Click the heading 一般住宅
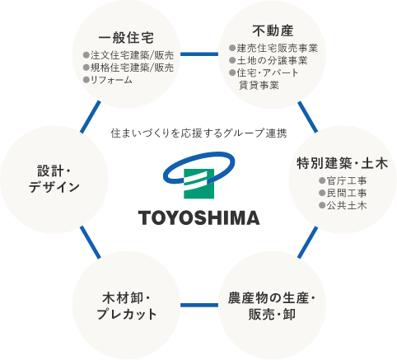(126, 38)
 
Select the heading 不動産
(273, 30)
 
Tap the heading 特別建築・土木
(342, 163)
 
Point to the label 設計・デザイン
(54, 179)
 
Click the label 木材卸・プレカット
(126, 306)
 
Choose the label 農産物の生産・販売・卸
(272, 306)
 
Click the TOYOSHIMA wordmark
(199, 218)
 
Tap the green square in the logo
(198, 184)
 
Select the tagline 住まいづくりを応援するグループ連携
(199, 133)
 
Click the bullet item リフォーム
(108, 80)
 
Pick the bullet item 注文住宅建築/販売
(128, 55)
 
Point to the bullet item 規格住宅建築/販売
(128, 68)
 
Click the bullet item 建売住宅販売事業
(273, 49)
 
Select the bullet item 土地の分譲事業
(269, 60)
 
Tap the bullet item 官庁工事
(343, 180)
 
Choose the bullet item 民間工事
(343, 193)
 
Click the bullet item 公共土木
(343, 205)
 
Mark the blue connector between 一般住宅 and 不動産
(199, 54)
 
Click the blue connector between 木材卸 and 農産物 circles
(199, 305)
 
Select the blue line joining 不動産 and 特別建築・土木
(308, 117)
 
